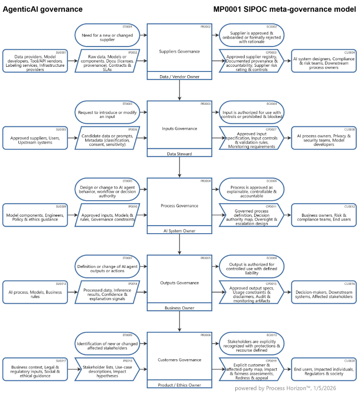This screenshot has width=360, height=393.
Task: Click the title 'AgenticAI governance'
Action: pos(43,9)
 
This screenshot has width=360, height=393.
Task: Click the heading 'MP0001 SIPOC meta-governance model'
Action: pos(284,9)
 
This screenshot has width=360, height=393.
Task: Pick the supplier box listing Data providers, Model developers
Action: pos(35,61)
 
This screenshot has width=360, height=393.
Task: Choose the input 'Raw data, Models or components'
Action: pos(108,61)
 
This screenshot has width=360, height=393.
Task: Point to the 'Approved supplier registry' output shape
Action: pos(252,61)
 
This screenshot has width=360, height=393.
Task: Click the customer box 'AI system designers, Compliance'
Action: pos(324,61)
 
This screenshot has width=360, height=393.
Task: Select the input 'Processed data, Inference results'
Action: pos(108,292)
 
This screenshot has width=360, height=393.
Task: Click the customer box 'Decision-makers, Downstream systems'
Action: pos(324,292)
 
